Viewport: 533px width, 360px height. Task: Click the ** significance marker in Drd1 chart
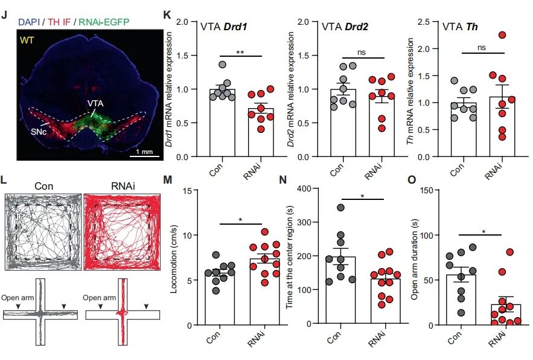coord(240,52)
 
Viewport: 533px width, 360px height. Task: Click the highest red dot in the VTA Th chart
coord(502,34)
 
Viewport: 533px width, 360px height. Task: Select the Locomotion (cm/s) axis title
coord(177,257)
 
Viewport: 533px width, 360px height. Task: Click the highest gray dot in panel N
coord(340,208)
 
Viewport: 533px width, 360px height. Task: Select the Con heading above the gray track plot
coord(43,187)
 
